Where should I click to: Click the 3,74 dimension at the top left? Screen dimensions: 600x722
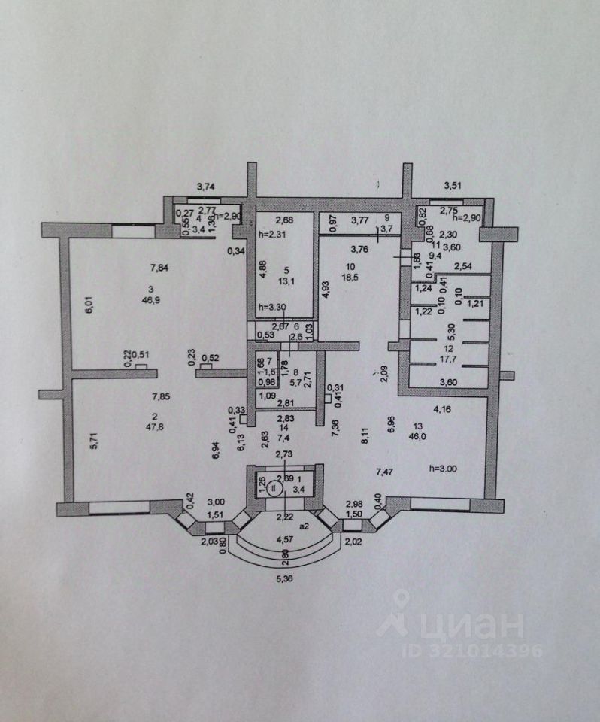tap(207, 187)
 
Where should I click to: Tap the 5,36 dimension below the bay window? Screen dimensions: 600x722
tap(285, 580)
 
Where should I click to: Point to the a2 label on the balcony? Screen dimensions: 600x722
tap(305, 527)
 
